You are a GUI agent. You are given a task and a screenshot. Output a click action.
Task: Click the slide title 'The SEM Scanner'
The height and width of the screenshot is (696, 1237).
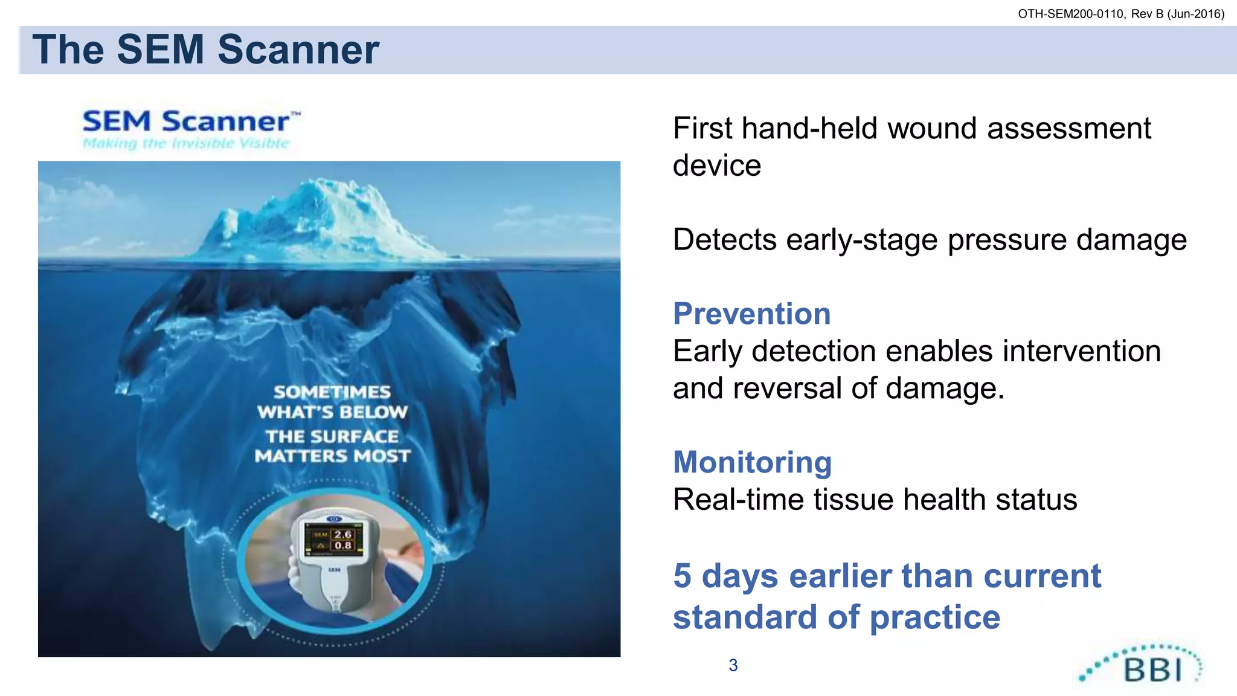pyautogui.click(x=205, y=50)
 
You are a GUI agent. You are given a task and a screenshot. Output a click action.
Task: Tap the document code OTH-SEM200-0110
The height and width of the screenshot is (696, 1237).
pyautogui.click(x=1070, y=14)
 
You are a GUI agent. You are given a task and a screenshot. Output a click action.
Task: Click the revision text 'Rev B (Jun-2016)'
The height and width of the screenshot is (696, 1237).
pyautogui.click(x=1177, y=14)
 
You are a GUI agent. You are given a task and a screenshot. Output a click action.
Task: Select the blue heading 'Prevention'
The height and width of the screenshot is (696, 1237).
pyautogui.click(x=751, y=314)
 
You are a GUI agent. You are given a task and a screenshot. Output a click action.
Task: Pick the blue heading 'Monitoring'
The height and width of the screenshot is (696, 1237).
pyautogui.click(x=752, y=462)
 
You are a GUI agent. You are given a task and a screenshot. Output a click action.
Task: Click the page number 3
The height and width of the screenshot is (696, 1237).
pyautogui.click(x=733, y=665)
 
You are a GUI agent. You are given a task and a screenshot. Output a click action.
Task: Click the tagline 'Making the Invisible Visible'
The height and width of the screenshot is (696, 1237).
pyautogui.click(x=186, y=144)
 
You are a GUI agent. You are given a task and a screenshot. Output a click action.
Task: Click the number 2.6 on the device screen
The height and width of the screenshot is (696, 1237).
pyautogui.click(x=342, y=534)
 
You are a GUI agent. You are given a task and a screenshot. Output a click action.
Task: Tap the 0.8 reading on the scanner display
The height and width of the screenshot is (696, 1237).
pyautogui.click(x=342, y=546)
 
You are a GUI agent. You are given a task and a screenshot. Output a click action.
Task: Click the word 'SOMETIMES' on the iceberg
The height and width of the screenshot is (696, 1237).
pyautogui.click(x=332, y=392)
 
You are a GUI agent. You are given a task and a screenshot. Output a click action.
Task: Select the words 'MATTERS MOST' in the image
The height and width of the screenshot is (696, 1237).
pyautogui.click(x=332, y=456)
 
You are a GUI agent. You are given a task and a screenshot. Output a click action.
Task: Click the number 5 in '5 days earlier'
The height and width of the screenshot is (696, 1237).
pyautogui.click(x=682, y=576)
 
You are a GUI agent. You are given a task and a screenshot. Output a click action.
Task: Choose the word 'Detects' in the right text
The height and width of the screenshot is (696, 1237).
pyautogui.click(x=724, y=240)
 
